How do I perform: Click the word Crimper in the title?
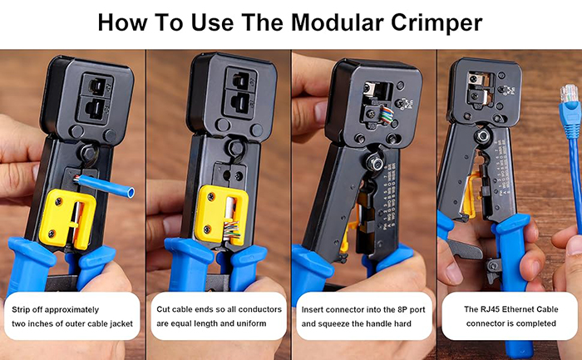pyautogui.click(x=436, y=24)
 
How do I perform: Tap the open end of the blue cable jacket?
pyautogui.click(x=131, y=193)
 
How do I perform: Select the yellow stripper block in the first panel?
pyautogui.click(x=67, y=219)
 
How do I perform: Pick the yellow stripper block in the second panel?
pyautogui.click(x=222, y=215)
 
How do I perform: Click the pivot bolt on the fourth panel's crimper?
pyautogui.click(x=482, y=136)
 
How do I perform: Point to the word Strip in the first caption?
pyautogui.click(x=21, y=310)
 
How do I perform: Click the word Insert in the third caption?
pyautogui.click(x=312, y=309)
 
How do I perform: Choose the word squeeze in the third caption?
pyautogui.click(x=336, y=324)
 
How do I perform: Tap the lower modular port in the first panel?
pyautogui.click(x=96, y=108)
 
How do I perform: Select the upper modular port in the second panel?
pyautogui.click(x=240, y=80)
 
